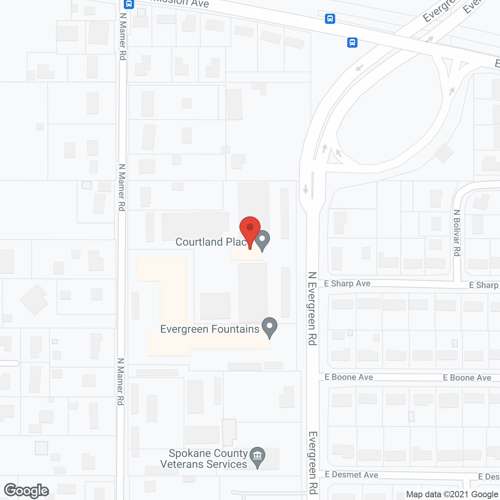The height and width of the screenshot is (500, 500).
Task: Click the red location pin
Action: (x=250, y=229)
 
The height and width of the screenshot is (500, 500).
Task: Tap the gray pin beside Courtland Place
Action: (x=262, y=239)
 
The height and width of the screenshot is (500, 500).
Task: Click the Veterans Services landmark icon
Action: (x=257, y=456)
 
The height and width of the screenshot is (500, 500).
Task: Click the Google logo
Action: (x=26, y=491)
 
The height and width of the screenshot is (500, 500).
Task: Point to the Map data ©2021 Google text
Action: (x=452, y=494)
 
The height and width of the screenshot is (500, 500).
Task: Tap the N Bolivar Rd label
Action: (x=457, y=233)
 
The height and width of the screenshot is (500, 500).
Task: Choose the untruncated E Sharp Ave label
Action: (x=347, y=284)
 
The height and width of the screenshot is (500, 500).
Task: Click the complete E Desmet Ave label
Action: (x=351, y=475)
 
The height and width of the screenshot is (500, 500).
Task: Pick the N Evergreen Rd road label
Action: (x=312, y=309)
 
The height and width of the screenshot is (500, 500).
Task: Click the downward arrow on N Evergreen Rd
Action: (x=305, y=189)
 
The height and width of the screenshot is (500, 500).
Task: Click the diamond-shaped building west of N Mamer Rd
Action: (x=34, y=300)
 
